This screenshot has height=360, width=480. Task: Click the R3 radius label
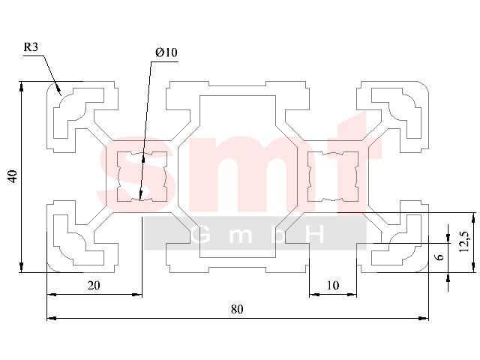click(x=31, y=46)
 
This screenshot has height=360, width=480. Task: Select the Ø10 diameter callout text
click(x=166, y=52)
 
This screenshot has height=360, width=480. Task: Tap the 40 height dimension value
click(x=13, y=177)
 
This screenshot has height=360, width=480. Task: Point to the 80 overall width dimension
click(x=237, y=309)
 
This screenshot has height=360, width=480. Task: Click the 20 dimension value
click(x=94, y=285)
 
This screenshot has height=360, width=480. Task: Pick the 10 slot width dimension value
click(x=333, y=285)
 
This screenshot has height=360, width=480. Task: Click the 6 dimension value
click(x=439, y=256)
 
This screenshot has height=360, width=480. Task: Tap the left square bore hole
click(x=142, y=177)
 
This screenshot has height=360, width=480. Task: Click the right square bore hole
click(x=333, y=177)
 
